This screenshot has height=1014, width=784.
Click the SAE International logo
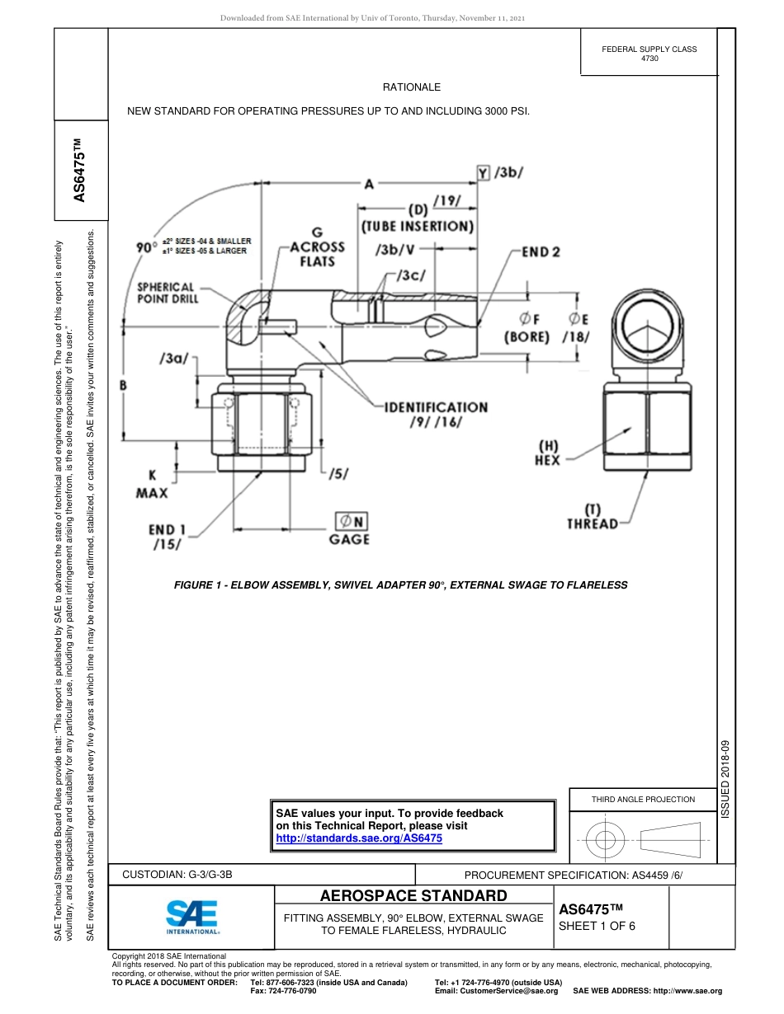191,916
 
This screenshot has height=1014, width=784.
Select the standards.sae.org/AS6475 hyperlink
358,838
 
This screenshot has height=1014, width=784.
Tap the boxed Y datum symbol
483,172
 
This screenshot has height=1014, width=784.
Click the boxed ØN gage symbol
350,521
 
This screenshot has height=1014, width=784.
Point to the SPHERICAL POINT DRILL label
168,293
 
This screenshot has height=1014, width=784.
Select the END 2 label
541,251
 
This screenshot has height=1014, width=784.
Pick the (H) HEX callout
547,453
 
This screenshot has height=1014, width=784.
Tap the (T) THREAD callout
592,517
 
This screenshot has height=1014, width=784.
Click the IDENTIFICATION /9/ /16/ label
436,414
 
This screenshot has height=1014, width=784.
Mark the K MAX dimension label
152,484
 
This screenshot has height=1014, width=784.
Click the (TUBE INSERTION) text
418,226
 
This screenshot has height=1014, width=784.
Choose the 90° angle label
146,246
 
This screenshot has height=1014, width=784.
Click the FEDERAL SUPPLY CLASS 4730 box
649,54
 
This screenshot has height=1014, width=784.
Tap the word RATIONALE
411,87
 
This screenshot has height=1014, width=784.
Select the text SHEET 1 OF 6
597,925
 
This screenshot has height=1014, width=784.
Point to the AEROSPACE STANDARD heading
413,895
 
